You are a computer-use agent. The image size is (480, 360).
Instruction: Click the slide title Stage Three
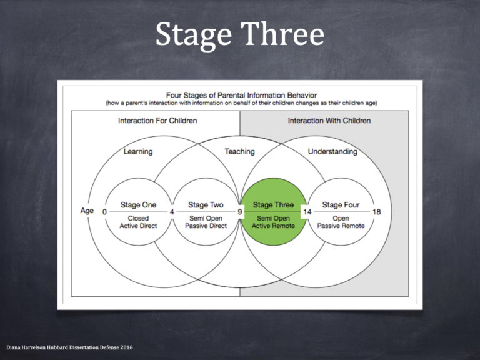[x=240, y=34]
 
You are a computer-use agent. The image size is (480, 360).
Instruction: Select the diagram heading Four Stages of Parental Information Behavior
[x=240, y=94]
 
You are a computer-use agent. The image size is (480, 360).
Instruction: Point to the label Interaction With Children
[x=329, y=121]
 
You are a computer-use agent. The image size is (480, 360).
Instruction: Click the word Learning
[x=137, y=152]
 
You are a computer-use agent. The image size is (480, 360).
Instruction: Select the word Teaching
[x=240, y=152]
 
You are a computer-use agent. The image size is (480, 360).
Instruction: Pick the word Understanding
[x=332, y=152]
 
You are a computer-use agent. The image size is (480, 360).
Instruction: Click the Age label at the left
[x=87, y=211]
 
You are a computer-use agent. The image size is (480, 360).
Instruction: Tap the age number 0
[x=104, y=212]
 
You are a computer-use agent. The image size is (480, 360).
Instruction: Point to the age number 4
[x=172, y=212]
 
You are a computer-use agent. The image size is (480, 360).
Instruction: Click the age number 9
[x=239, y=212]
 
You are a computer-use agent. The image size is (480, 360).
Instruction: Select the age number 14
[x=307, y=212]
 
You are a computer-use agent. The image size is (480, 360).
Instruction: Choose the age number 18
[x=376, y=212]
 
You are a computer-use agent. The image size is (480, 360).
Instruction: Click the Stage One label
[x=138, y=205]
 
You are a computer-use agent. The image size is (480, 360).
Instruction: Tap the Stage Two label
[x=206, y=205]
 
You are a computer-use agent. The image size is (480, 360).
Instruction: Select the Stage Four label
[x=341, y=205]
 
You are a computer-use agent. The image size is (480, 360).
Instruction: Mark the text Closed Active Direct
[x=138, y=221]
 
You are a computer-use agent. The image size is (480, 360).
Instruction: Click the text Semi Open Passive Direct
[x=206, y=221]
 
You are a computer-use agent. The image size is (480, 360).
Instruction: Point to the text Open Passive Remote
[x=341, y=221]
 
